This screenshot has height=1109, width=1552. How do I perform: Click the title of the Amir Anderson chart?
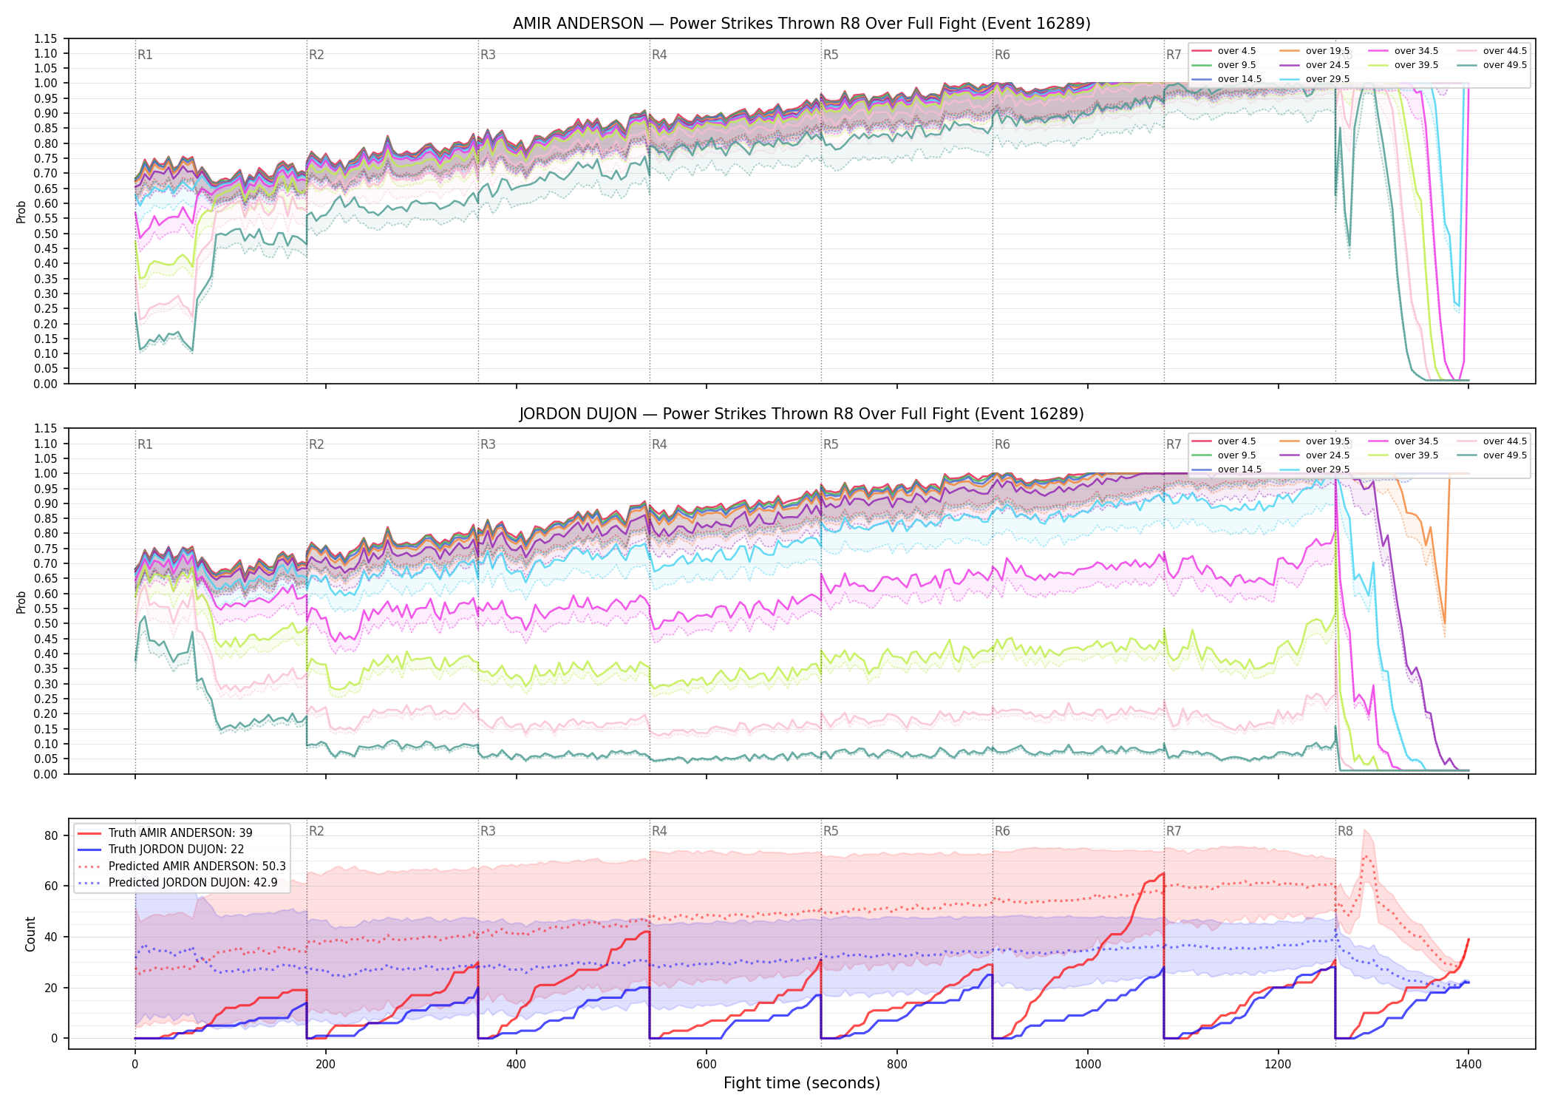802,24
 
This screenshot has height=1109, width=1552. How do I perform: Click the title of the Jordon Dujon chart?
802,414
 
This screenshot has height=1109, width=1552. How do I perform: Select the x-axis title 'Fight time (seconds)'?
802,1083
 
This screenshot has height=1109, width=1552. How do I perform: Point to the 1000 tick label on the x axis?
1087,1064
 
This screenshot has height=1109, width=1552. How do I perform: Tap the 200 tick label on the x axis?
325,1064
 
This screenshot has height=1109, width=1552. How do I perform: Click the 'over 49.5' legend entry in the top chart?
1492,65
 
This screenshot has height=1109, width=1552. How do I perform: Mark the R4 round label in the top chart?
659,55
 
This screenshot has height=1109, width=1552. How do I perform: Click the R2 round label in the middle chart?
316,444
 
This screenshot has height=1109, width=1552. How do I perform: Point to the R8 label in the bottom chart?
1345,831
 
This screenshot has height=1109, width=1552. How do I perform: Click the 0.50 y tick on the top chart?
46,234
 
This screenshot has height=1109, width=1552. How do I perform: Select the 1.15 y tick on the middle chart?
46,429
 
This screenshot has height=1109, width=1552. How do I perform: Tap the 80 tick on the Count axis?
51,836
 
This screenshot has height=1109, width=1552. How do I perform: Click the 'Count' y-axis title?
30,934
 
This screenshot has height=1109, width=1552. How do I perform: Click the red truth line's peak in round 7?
1163,873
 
